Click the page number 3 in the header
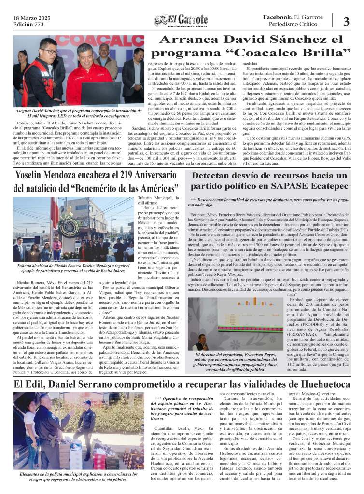[x=346, y=22]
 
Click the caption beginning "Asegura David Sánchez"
[x=78, y=114]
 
